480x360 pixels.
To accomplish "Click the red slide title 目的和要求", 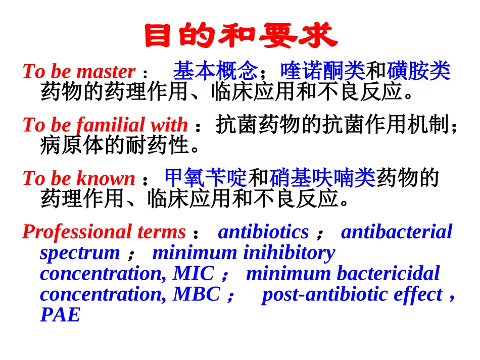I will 240,36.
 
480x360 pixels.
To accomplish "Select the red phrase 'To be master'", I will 79,71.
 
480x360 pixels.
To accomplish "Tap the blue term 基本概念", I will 215,71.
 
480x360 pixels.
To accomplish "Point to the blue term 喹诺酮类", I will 322,71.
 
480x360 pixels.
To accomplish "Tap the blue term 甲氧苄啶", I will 206,178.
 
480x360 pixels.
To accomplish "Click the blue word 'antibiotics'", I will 263,232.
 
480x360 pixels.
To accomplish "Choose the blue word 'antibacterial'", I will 396,232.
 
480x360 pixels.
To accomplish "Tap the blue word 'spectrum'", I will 80,252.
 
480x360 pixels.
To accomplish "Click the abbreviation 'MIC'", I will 194,273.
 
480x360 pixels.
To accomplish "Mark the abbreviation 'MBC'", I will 197,294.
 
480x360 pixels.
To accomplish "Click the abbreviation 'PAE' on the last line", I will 60,315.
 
